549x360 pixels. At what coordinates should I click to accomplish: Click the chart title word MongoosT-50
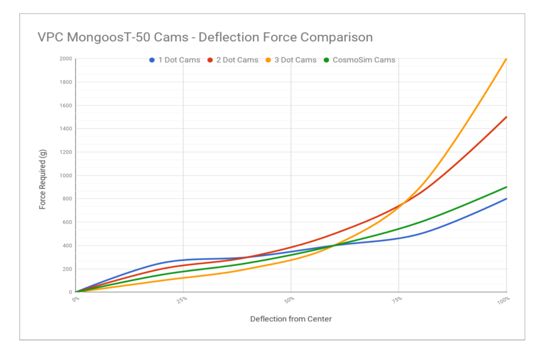tap(108, 37)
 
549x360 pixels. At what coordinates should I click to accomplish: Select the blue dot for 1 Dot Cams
tap(152, 60)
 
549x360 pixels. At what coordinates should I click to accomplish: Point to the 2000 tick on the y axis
tap(65, 59)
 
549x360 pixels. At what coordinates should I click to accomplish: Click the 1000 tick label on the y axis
tap(65, 176)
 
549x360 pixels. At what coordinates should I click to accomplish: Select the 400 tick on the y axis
tap(67, 245)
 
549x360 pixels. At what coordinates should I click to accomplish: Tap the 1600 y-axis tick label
tap(65, 105)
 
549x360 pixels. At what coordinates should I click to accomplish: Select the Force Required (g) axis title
tap(42, 176)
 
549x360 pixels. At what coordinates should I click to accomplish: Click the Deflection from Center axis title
tap(291, 319)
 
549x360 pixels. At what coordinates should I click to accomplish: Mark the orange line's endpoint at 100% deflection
tap(506, 59)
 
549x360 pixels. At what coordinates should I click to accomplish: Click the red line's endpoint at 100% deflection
tap(506, 117)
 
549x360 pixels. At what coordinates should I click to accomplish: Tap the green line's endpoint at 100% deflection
tap(506, 187)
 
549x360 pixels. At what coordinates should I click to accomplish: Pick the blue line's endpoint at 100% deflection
tap(506, 199)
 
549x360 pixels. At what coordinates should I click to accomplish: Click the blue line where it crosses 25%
tap(183, 260)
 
